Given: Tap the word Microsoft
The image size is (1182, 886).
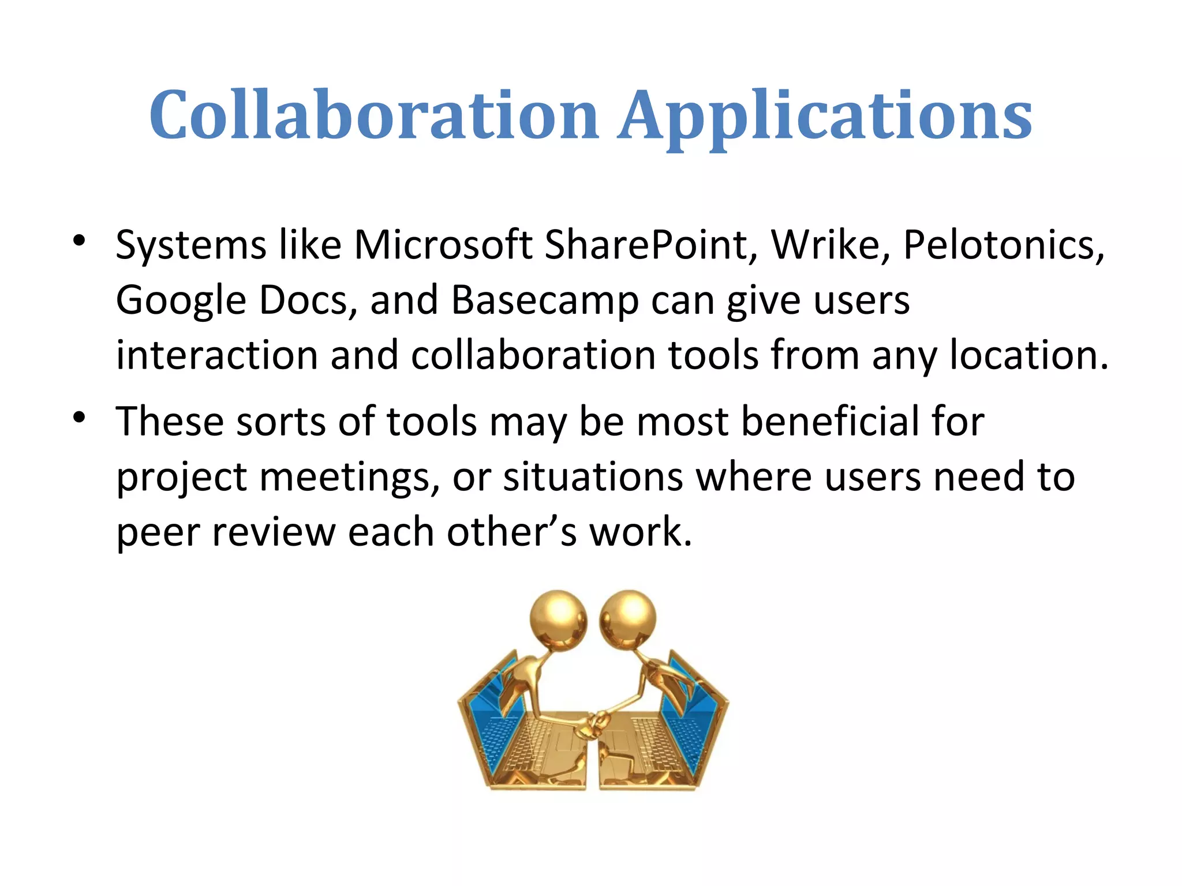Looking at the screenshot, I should pos(443,245).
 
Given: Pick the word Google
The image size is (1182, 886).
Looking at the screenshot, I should pos(181,301).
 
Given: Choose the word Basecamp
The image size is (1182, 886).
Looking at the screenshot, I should pos(544,301).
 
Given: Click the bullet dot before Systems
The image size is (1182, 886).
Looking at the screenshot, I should pos(80,240).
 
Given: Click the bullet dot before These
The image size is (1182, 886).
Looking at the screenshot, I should pos(80,416).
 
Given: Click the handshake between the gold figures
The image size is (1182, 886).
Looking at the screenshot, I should pos(594,723).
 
